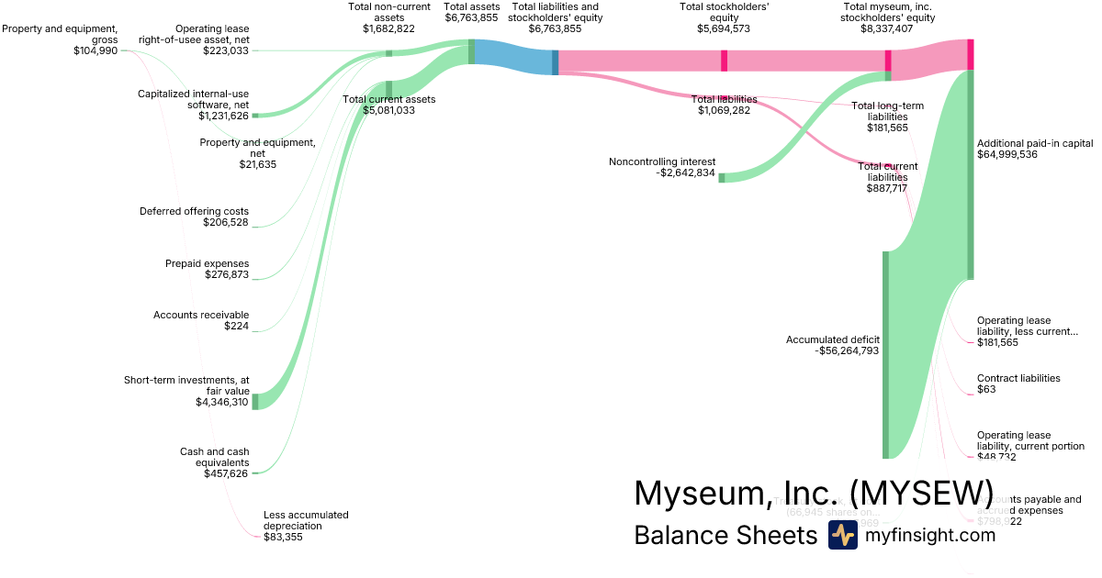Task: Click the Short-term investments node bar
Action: click(x=255, y=401)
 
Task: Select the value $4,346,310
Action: click(x=222, y=402)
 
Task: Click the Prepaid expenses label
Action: click(x=207, y=263)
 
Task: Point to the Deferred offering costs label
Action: click(x=194, y=211)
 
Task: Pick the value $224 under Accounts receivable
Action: click(x=236, y=326)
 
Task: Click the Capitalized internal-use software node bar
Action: click(x=255, y=115)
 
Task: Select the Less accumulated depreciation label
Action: click(x=306, y=520)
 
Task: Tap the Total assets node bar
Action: click(x=472, y=51)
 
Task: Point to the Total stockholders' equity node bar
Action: click(x=724, y=61)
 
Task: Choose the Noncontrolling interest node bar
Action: click(x=721, y=177)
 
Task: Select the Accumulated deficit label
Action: click(x=832, y=339)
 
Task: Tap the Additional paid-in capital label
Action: click(x=1035, y=143)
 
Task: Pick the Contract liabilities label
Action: click(x=1018, y=378)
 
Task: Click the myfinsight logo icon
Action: click(x=843, y=535)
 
